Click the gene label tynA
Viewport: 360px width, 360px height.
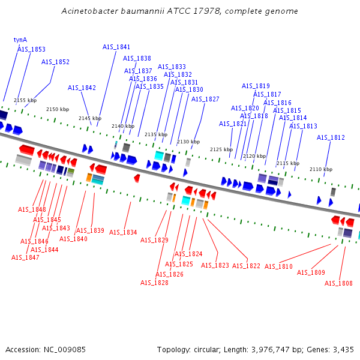click(x=20, y=40)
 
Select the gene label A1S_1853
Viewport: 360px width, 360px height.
click(x=31, y=49)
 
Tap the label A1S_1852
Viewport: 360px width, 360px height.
click(x=55, y=62)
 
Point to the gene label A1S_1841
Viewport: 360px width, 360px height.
click(x=116, y=47)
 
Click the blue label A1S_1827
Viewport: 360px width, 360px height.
click(x=205, y=99)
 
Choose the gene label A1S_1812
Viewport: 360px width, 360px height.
click(x=331, y=137)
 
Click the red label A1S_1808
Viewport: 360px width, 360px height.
click(x=338, y=283)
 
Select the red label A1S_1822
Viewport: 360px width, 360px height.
click(x=246, y=266)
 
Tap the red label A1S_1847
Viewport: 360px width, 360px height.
click(x=25, y=257)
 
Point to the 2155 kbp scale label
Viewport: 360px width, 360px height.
click(x=25, y=100)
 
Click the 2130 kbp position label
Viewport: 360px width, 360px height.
click(x=188, y=142)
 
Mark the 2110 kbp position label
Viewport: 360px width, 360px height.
click(x=321, y=169)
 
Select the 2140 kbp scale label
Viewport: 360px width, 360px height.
click(x=123, y=126)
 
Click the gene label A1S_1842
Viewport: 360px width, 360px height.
click(x=82, y=88)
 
